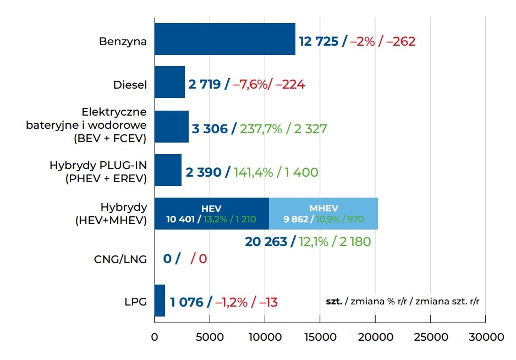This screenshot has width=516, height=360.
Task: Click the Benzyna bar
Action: tap(224, 39)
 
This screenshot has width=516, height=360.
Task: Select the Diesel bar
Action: tap(169, 83)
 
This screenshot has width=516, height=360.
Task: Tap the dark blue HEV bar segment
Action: tap(212, 214)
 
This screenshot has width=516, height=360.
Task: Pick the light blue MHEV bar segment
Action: tap(323, 214)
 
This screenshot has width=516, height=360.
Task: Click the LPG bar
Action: tap(160, 301)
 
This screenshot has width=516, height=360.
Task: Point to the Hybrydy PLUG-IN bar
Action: tap(168, 170)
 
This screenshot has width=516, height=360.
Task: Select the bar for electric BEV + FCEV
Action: tap(171, 127)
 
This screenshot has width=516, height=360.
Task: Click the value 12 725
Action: tap(319, 41)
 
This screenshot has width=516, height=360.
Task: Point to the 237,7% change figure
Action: tap(261, 129)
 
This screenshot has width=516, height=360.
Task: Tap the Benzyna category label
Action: tap(123, 41)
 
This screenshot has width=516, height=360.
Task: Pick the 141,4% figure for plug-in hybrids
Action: tap(253, 172)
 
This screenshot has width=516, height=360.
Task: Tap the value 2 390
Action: tap(204, 172)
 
